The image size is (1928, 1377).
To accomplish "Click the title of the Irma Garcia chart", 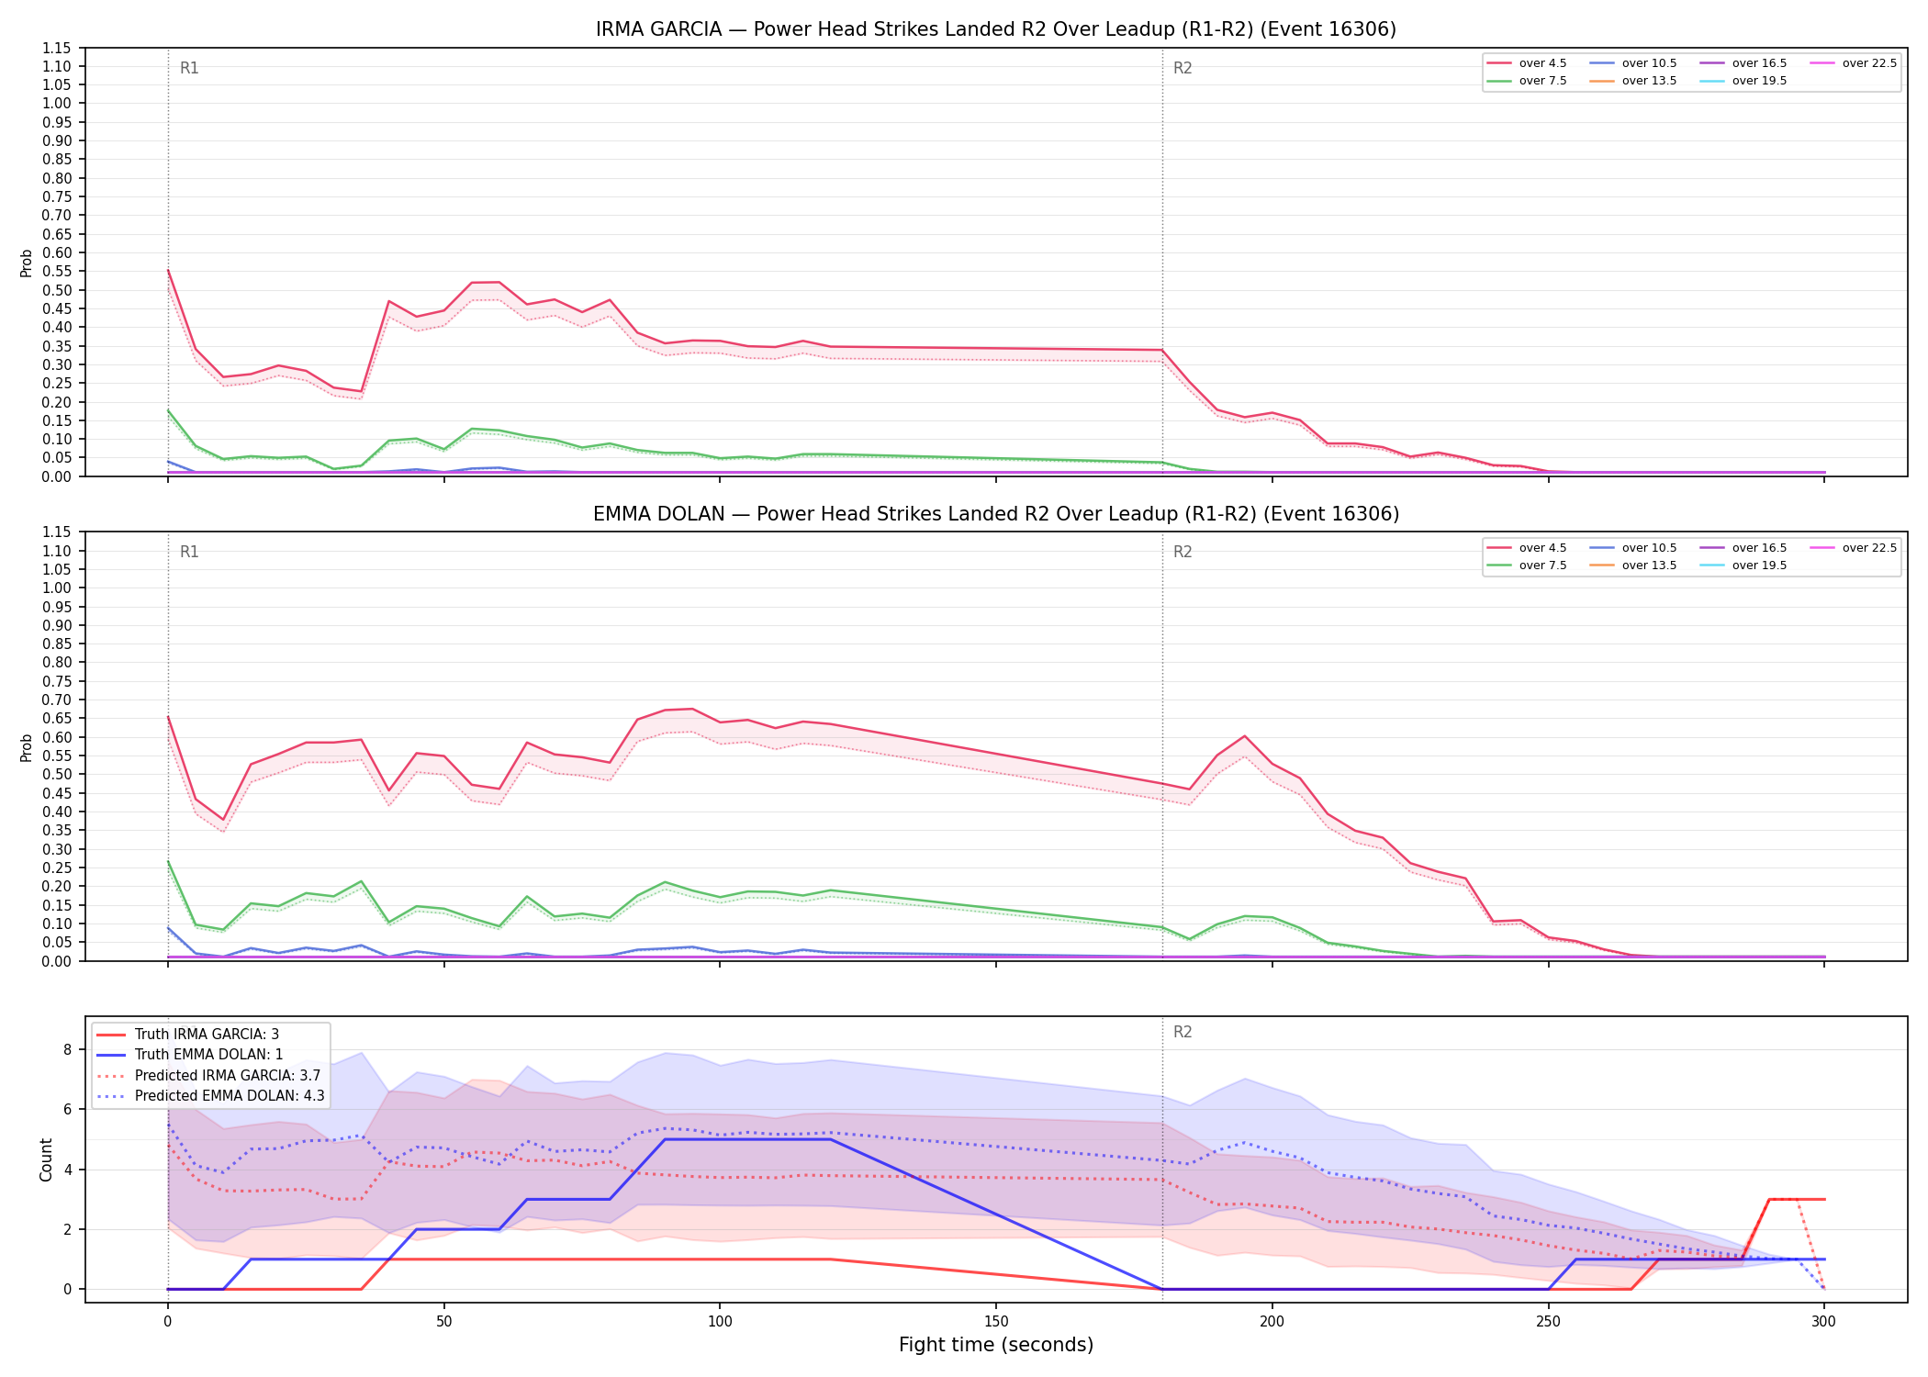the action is pos(996,29).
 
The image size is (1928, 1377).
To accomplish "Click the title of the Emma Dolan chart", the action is pos(996,514).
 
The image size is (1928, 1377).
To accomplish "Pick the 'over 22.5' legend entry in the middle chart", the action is pos(1853,548).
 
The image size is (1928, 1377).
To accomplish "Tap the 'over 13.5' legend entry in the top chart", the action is pos(1633,81).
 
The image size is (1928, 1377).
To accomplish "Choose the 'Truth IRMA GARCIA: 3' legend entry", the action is pos(188,1035).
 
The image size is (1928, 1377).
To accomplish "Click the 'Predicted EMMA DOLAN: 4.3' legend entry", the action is pos(209,1095).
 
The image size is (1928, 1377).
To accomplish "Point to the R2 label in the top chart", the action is pos(1183,68).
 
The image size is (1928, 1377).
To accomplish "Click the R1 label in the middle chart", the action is pos(189,552).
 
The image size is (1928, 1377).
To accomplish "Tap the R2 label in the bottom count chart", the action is pos(1183,1032).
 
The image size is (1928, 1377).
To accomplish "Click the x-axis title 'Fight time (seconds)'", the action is pos(996,1345).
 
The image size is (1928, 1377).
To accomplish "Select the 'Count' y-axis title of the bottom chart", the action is pos(46,1159).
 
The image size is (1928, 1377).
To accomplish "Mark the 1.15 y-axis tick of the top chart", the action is pos(57,48).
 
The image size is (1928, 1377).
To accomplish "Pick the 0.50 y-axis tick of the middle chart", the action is pos(57,774).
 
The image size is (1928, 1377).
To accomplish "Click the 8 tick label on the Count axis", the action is pos(67,1049).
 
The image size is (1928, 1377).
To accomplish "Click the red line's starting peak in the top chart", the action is pos(168,270).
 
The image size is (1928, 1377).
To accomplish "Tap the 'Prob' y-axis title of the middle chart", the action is pos(27,747).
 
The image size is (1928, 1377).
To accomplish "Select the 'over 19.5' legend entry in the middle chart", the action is pos(1743,565).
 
